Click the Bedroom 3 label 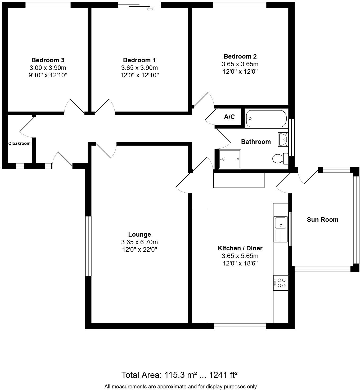[x=48, y=60]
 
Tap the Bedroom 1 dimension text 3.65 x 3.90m [x=139, y=68]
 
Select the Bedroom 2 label [x=240, y=56]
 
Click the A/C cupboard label [x=229, y=117]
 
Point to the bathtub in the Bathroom [x=266, y=119]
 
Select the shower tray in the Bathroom [x=230, y=159]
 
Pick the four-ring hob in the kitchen [x=281, y=283]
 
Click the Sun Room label [x=322, y=219]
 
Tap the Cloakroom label [x=19, y=143]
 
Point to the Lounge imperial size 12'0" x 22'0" [x=139, y=249]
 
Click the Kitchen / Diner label [x=240, y=248]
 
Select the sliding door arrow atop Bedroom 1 [x=150, y=9]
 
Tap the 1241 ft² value [x=223, y=375]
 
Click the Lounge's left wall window [x=88, y=246]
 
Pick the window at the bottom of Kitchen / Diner [x=240, y=326]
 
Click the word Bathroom [x=256, y=141]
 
